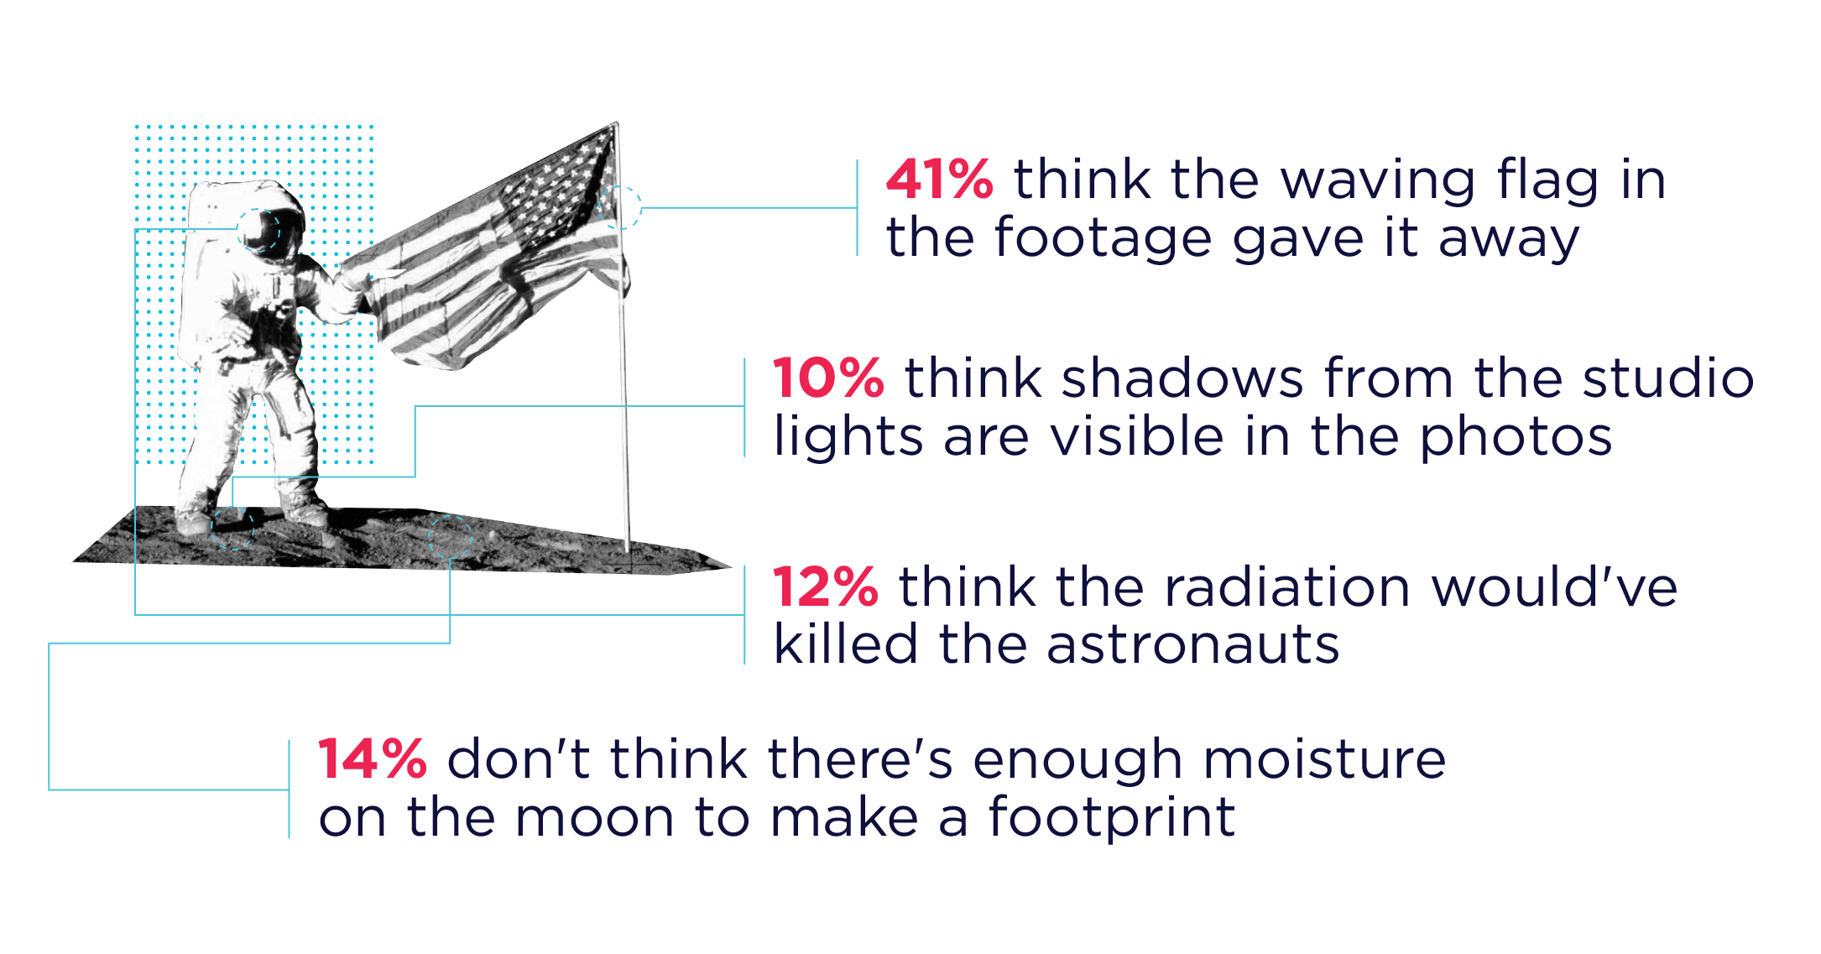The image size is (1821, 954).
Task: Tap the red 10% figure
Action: point(827,379)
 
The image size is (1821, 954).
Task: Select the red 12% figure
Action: point(825,587)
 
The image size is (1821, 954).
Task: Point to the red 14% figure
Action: point(372,760)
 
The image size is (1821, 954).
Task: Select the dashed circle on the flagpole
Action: point(620,207)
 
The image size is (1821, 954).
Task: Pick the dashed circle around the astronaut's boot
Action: point(232,528)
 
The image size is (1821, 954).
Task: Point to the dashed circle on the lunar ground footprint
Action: point(451,538)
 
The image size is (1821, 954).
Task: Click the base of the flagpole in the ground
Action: point(627,550)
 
